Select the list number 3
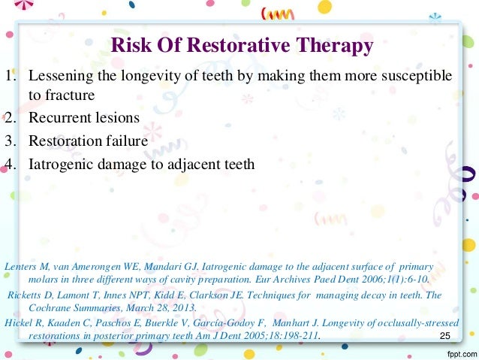pos(8,140)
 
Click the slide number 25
pos(447,335)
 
